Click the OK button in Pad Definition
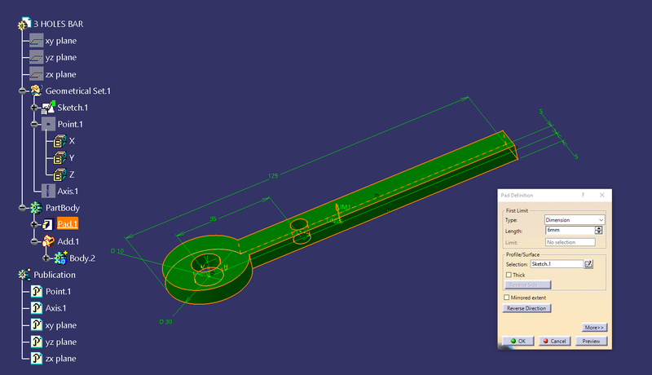click(517, 341)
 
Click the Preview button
click(593, 341)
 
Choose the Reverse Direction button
click(526, 308)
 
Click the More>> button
click(594, 327)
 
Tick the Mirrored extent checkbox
click(507, 298)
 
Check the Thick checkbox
click(509, 275)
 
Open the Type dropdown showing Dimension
click(575, 220)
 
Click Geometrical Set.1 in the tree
click(78, 90)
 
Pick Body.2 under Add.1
click(82, 258)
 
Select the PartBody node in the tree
click(63, 208)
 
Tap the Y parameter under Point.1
click(72, 157)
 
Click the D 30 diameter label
click(167, 320)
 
